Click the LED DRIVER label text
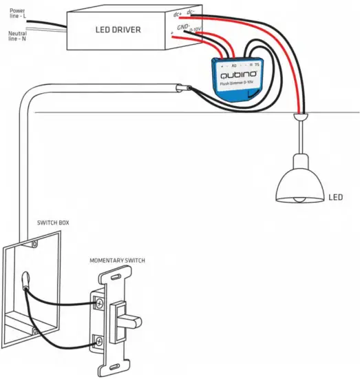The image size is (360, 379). [118, 30]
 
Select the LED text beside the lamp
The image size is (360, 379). [335, 197]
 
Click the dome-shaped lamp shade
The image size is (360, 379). [299, 180]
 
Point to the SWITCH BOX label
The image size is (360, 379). [53, 223]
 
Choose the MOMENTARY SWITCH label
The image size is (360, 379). [117, 260]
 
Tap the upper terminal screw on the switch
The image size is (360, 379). [100, 302]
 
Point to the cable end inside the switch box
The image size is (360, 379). [25, 279]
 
